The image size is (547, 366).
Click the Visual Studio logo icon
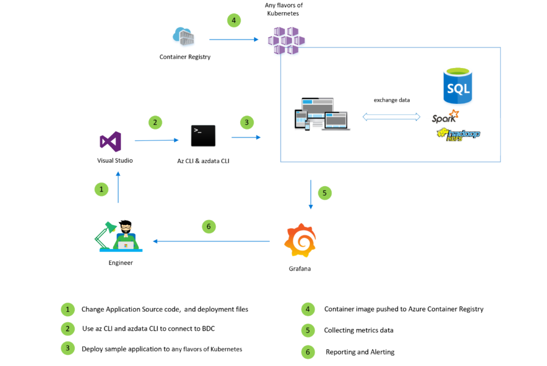click(111, 142)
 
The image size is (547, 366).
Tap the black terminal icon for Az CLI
click(203, 135)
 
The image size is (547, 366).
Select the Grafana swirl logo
click(300, 241)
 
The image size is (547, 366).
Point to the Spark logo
click(445, 116)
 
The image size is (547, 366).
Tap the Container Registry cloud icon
click(183, 37)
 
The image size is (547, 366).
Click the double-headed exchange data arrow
click(392, 116)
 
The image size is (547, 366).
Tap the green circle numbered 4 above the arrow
click(233, 21)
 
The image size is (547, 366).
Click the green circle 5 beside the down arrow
click(325, 193)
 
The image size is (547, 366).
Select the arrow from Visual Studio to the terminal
click(156, 140)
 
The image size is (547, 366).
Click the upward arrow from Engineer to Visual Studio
click(118, 187)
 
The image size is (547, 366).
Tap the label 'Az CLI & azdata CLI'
click(203, 161)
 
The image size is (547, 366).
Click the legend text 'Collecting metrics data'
click(358, 330)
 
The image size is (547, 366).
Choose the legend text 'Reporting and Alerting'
click(360, 352)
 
